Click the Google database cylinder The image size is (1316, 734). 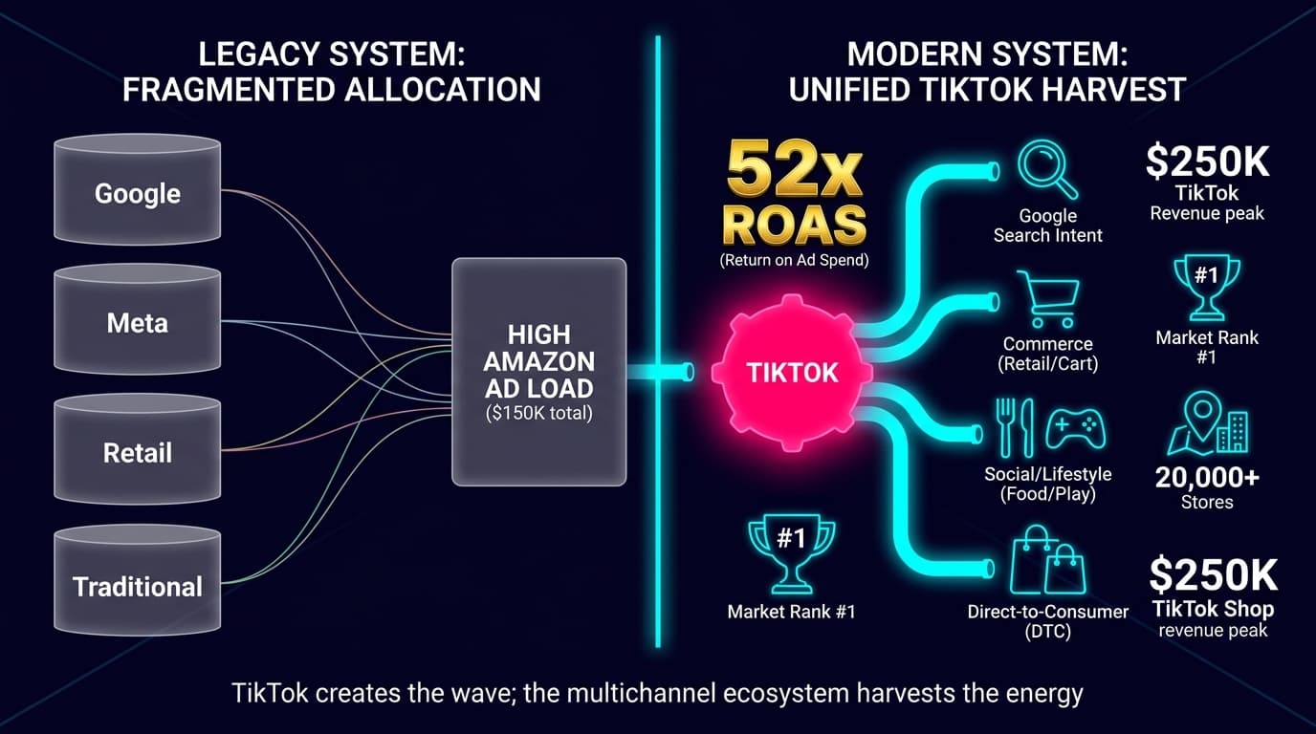click(138, 192)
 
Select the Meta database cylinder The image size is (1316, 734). click(138, 322)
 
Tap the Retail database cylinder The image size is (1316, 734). click(138, 451)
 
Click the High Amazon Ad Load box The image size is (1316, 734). click(538, 372)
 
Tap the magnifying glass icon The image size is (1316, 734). click(1046, 169)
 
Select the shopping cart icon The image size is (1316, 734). click(1047, 298)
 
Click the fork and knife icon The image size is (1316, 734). click(1015, 426)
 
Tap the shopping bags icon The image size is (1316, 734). click(1048, 561)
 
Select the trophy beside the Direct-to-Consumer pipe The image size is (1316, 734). click(791, 552)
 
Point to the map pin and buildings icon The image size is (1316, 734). click(1206, 424)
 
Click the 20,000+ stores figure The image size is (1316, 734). click(1206, 476)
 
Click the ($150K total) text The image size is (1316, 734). click(539, 414)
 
